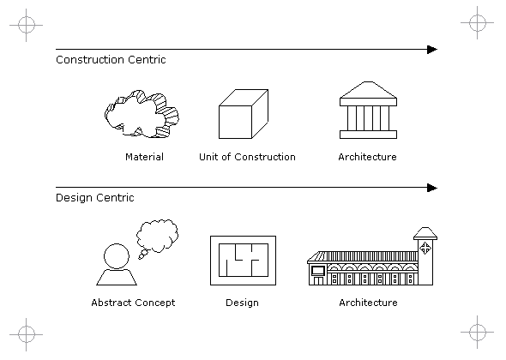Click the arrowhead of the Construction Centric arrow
click(x=432, y=50)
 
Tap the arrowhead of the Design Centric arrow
click(x=432, y=188)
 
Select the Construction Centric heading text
click(x=111, y=60)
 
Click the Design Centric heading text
click(x=95, y=197)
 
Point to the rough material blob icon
click(x=142, y=114)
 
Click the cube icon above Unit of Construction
click(x=244, y=114)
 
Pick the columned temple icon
click(x=368, y=110)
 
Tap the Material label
click(x=145, y=157)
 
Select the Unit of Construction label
click(x=247, y=157)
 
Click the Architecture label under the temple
click(x=368, y=157)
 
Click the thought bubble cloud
click(x=157, y=236)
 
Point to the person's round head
click(x=117, y=256)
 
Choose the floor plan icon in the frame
click(x=244, y=261)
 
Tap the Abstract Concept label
click(x=133, y=303)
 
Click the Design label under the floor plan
click(x=243, y=303)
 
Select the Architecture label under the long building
click(x=368, y=303)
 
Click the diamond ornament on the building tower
click(x=425, y=249)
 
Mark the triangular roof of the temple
click(x=368, y=90)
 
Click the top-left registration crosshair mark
click(x=26, y=25)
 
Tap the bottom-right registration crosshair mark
click(x=478, y=332)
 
